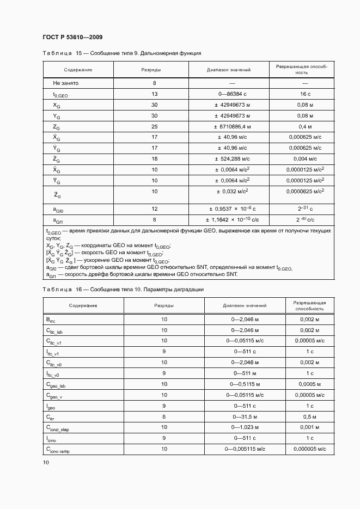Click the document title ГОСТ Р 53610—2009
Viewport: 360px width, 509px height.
pos(72,37)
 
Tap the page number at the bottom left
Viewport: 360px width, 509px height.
pos(46,462)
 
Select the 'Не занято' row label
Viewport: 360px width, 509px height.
pos(66,83)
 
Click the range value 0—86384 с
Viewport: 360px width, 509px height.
pos(229,94)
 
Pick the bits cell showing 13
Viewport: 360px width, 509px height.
pos(154,94)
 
